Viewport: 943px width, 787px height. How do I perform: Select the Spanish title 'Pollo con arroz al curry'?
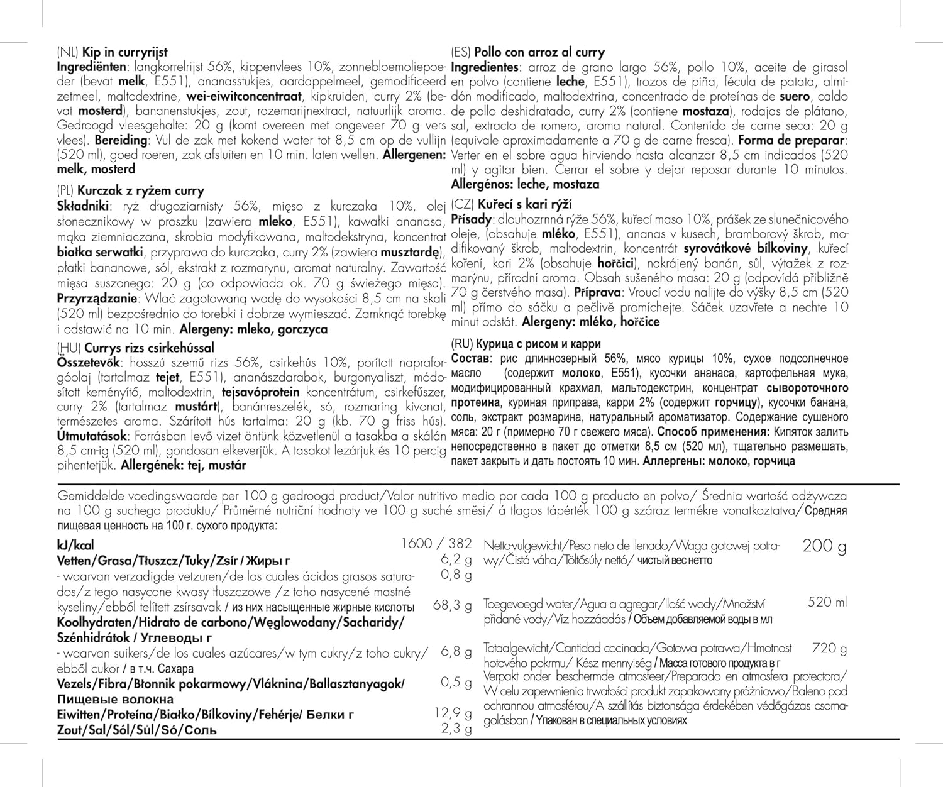pyautogui.click(x=539, y=53)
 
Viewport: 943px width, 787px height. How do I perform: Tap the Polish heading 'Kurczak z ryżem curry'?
pyautogui.click(x=140, y=190)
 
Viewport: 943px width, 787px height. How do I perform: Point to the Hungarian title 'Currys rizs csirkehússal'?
pyautogui.click(x=149, y=348)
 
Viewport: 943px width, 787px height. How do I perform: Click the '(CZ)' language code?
pyautogui.click(x=463, y=204)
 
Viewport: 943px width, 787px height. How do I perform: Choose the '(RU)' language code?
pyautogui.click(x=463, y=344)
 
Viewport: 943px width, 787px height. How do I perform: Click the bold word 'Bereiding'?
pyautogui.click(x=120, y=140)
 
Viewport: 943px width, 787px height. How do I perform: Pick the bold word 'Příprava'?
pyautogui.click(x=597, y=292)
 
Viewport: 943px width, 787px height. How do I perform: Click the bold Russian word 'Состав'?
pyautogui.click(x=470, y=359)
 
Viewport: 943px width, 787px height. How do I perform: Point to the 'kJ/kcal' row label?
pyautogui.click(x=75, y=545)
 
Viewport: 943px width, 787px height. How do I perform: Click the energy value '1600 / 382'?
pyautogui.click(x=436, y=544)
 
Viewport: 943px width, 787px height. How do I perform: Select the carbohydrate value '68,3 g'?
pyautogui.click(x=452, y=606)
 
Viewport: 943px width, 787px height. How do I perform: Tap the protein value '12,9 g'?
pyautogui.click(x=453, y=713)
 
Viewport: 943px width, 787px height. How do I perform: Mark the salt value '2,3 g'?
pyautogui.click(x=456, y=729)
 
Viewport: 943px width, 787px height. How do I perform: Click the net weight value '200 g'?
pyautogui.click(x=824, y=546)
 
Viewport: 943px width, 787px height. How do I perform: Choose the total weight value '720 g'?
pyautogui.click(x=829, y=648)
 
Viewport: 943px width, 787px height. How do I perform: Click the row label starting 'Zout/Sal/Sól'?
pyautogui.click(x=136, y=730)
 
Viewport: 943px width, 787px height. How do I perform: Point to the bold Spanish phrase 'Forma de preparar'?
pyautogui.click(x=792, y=140)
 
